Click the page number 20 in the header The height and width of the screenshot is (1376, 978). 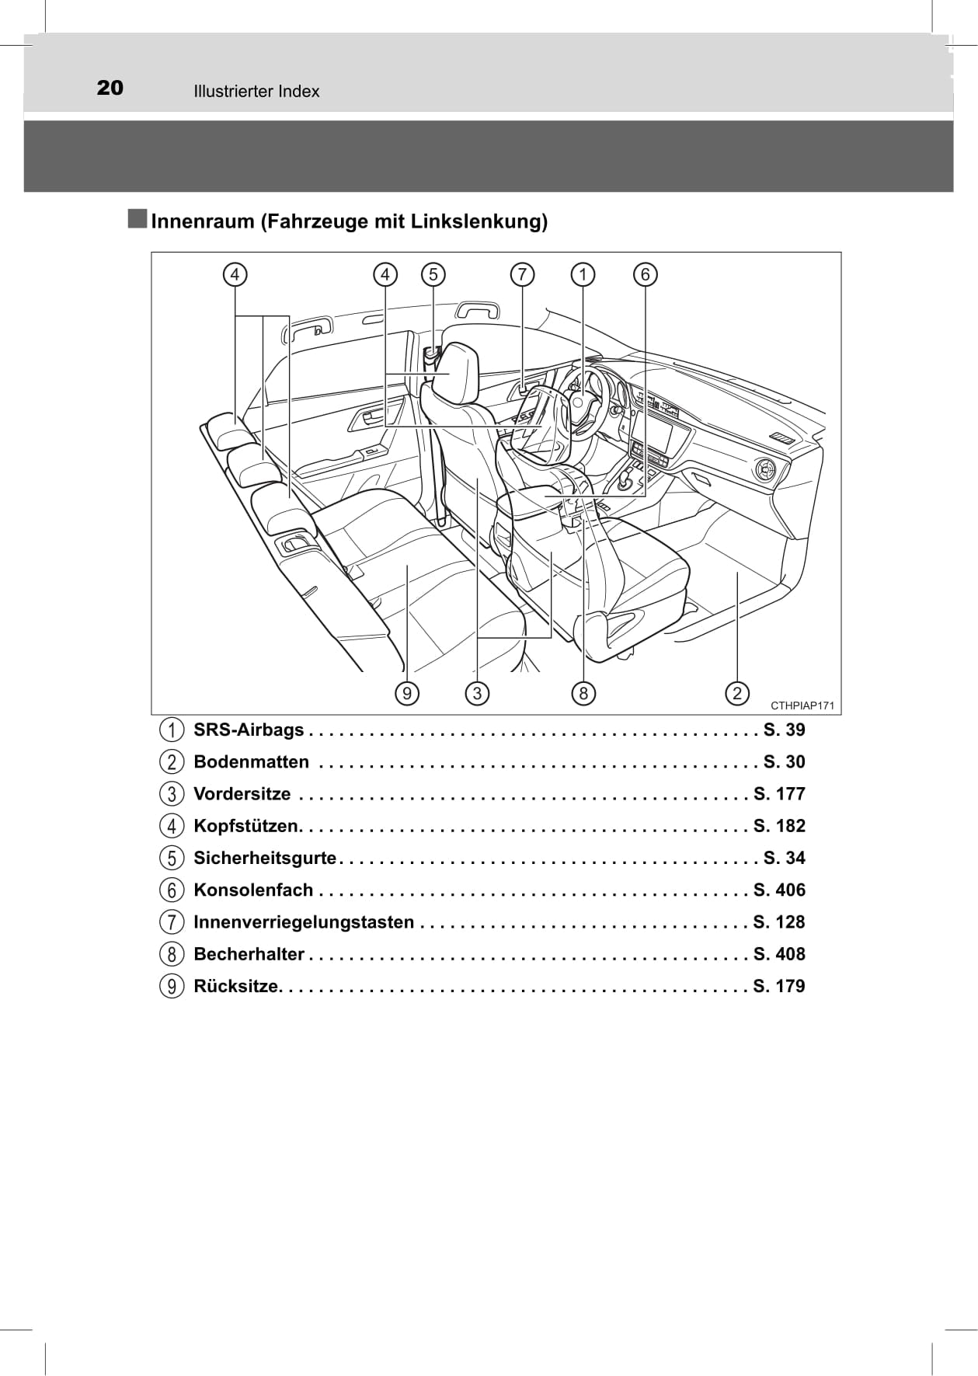tap(110, 87)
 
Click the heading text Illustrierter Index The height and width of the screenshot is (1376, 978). tap(256, 92)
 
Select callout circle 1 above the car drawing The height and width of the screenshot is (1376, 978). tap(583, 274)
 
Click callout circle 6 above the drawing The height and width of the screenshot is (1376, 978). tap(645, 274)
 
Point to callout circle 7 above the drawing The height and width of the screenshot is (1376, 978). tap(522, 274)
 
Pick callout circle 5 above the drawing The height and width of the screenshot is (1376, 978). tap(433, 274)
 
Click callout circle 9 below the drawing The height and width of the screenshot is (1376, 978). tap(406, 692)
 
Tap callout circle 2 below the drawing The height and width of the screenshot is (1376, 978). tap(736, 692)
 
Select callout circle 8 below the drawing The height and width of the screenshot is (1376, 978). tap(583, 692)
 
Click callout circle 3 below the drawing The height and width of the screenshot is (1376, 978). tap(477, 692)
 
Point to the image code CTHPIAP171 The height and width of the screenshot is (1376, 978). tap(802, 705)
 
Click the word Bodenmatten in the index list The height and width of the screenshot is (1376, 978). tap(251, 762)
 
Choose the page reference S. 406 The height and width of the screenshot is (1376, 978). tap(779, 890)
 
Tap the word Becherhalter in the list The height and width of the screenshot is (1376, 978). tap(249, 954)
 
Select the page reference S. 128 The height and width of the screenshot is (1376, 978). tap(779, 922)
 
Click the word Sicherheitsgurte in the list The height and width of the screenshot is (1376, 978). tap(265, 859)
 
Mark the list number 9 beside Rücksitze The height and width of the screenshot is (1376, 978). tap(172, 987)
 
